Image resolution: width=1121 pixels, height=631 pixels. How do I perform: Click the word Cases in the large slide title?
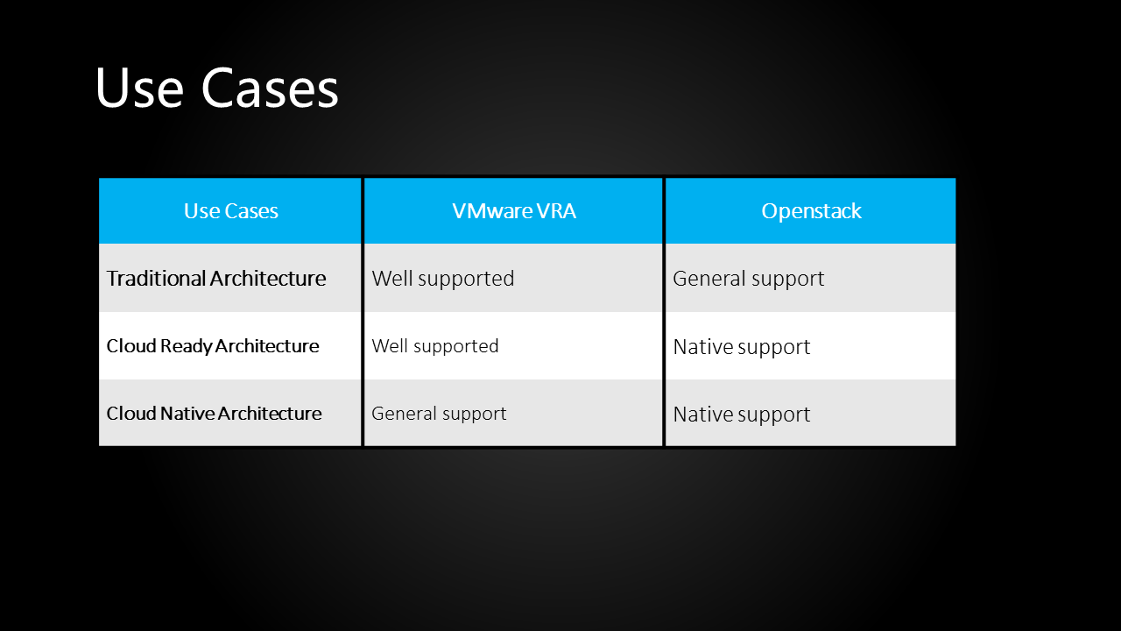pyautogui.click(x=270, y=89)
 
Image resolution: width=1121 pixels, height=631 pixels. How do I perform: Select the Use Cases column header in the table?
pyautogui.click(x=230, y=211)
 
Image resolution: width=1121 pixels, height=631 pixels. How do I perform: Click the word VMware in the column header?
pyautogui.click(x=490, y=211)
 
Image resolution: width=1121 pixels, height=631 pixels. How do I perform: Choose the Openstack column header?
pyautogui.click(x=811, y=211)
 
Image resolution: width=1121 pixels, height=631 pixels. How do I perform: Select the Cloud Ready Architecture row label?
pyautogui.click(x=213, y=346)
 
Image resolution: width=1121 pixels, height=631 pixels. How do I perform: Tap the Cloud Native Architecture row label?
pyautogui.click(x=214, y=414)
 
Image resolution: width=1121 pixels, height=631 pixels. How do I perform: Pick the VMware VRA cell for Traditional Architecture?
pyautogui.click(x=443, y=279)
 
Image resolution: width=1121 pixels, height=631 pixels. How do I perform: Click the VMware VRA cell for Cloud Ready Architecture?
pyautogui.click(x=435, y=346)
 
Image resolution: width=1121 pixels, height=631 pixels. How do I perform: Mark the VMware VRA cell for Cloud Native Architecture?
pyautogui.click(x=439, y=414)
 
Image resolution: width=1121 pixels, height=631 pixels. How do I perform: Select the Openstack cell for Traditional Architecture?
pyautogui.click(x=749, y=279)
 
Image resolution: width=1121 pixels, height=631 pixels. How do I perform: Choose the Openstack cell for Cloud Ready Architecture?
pyautogui.click(x=742, y=347)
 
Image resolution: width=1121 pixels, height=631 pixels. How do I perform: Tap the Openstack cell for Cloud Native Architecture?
pyautogui.click(x=742, y=415)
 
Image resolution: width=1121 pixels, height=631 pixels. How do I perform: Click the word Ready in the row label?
pyautogui.click(x=186, y=346)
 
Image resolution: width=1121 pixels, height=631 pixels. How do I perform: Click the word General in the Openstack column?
pyautogui.click(x=705, y=279)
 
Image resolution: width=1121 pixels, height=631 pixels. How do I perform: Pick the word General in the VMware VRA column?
pyautogui.click(x=401, y=414)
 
